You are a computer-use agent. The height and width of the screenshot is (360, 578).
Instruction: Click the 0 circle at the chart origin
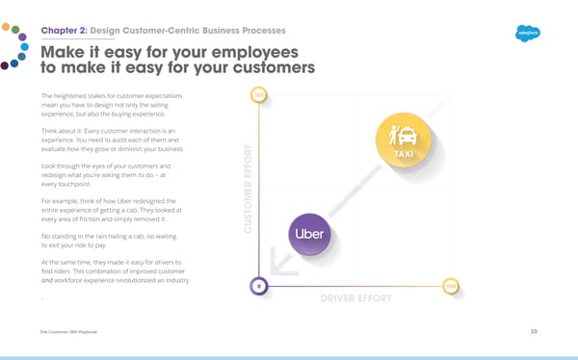pos(257,285)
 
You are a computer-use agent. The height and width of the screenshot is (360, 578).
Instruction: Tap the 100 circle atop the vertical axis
pos(257,94)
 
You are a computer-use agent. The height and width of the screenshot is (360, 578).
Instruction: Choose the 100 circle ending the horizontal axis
pos(451,285)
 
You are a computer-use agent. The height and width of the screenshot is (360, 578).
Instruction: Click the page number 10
pos(534,331)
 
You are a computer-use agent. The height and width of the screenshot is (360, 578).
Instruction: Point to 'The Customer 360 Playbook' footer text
pos(68,331)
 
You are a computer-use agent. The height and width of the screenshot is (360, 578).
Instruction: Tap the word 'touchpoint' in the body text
pos(76,184)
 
